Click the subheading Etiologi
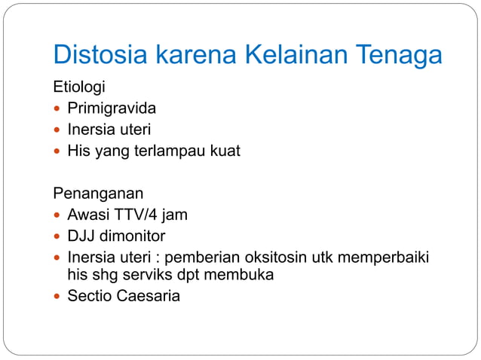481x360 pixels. click(78, 87)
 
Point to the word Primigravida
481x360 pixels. click(112, 108)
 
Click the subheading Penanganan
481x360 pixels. click(98, 194)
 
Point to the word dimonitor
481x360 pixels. click(133, 236)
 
